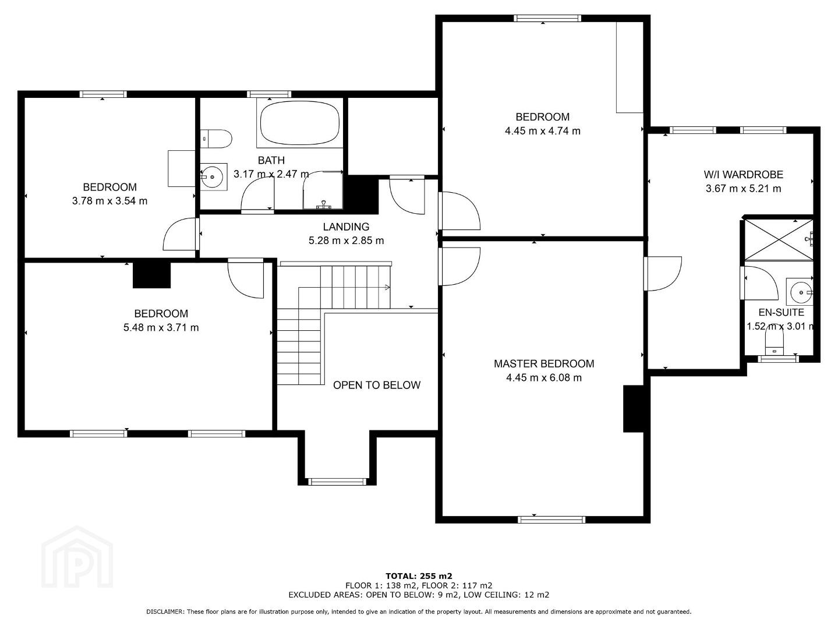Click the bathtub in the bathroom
300,123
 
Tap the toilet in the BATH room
217,139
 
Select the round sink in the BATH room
213,176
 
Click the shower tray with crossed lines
779,240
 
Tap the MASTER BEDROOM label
544,364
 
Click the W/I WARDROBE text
743,175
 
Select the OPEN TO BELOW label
377,385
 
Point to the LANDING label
346,227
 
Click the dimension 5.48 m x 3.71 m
161,327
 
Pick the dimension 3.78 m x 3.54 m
109,201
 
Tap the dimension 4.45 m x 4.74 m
543,131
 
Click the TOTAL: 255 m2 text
419,576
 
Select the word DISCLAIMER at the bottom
165,612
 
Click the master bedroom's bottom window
551,520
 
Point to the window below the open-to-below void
337,482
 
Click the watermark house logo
77,557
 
